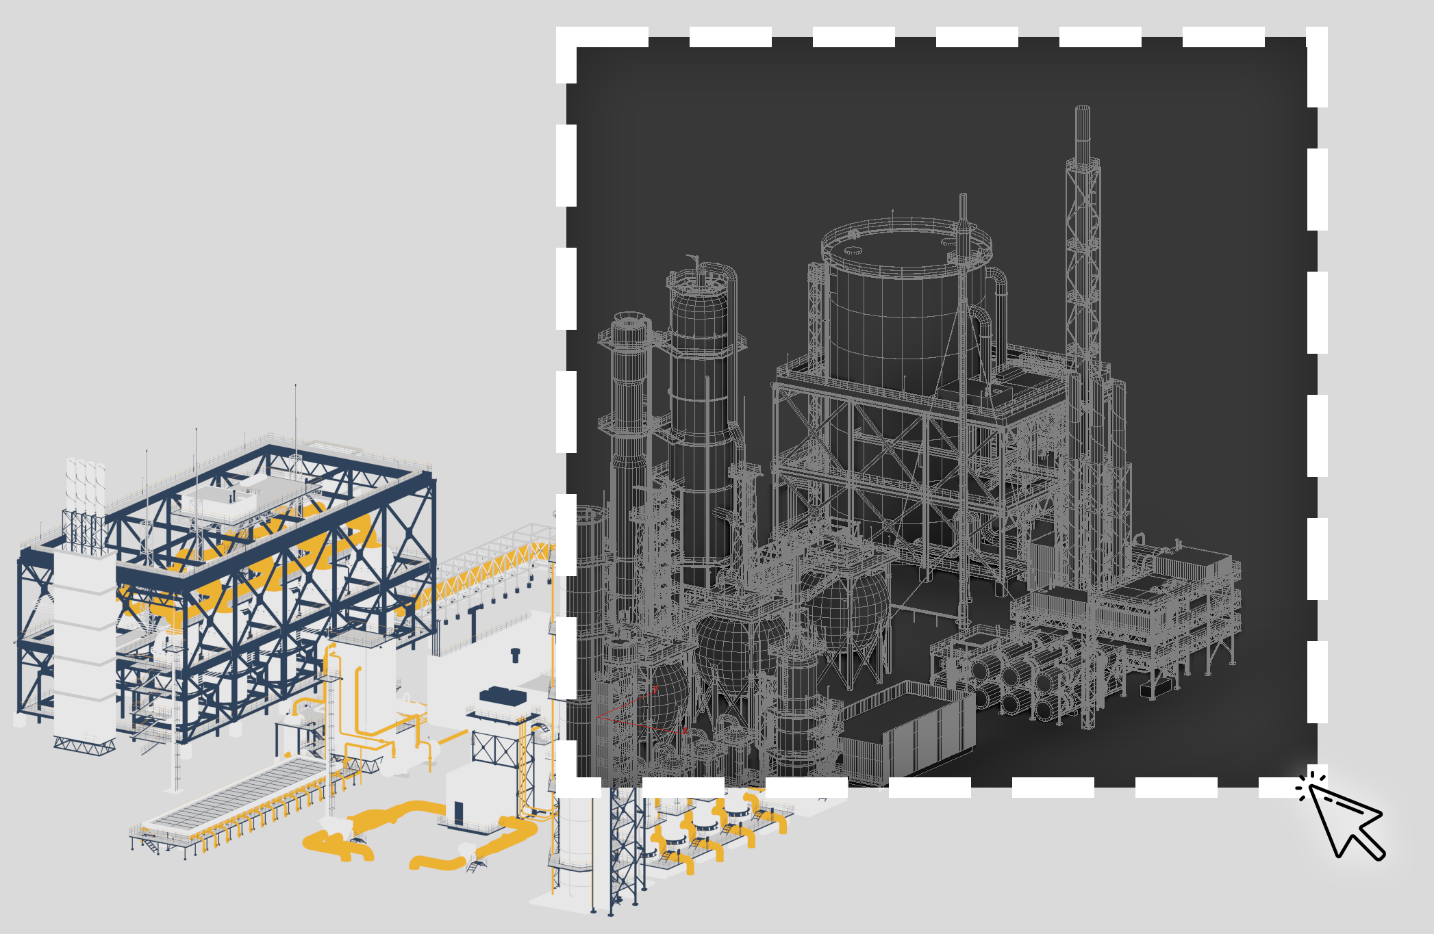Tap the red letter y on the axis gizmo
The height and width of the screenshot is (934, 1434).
click(655, 688)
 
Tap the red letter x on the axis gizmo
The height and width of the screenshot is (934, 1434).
click(685, 730)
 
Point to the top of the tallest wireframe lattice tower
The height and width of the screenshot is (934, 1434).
click(1082, 109)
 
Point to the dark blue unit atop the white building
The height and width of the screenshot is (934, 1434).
click(503, 697)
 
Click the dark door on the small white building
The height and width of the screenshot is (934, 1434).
click(458, 814)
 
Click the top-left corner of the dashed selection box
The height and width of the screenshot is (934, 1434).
click(566, 38)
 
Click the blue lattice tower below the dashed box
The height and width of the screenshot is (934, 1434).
click(625, 848)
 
